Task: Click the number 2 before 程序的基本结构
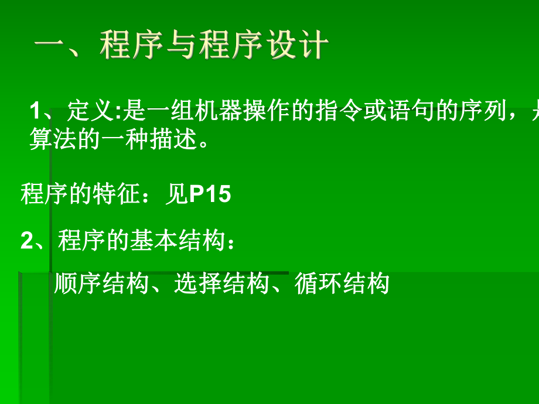click(x=26, y=241)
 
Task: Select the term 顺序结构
click(x=101, y=284)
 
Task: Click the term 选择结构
click(x=222, y=284)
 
